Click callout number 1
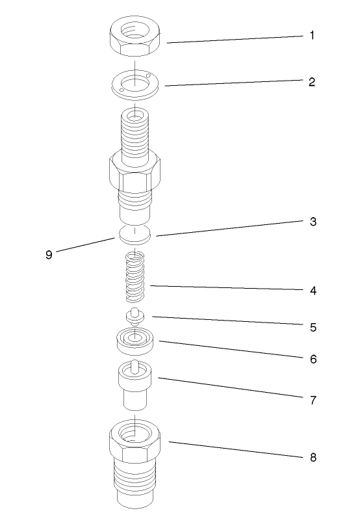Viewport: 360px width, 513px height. pyautogui.click(x=311, y=36)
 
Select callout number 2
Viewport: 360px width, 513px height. pyautogui.click(x=311, y=83)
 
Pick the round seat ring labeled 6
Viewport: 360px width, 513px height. pyautogui.click(x=135, y=340)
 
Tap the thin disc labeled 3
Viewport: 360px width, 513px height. pyautogui.click(x=135, y=235)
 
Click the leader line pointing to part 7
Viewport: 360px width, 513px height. pyautogui.click(x=227, y=388)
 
